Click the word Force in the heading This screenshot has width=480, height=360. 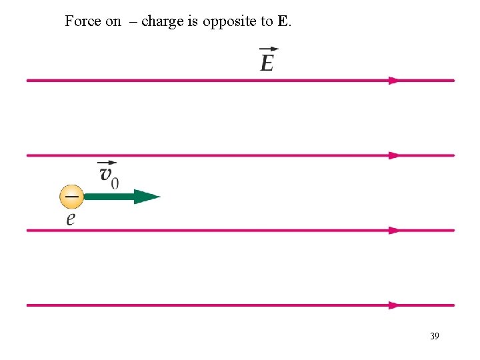[x=83, y=21]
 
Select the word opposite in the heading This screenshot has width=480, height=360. [x=231, y=21]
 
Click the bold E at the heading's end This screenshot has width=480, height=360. [x=283, y=21]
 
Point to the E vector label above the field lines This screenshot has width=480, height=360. [x=267, y=63]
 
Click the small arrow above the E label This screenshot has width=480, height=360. [x=269, y=49]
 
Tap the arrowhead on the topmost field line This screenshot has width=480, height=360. [x=394, y=81]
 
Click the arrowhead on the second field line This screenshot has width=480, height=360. [x=394, y=155]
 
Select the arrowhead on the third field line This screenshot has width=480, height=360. [x=394, y=231]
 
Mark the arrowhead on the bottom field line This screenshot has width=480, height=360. [x=394, y=305]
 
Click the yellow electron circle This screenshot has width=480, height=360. [x=71, y=197]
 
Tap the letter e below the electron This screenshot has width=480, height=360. [x=70, y=219]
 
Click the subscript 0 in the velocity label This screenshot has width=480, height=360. [x=115, y=182]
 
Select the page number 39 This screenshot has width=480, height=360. [x=434, y=336]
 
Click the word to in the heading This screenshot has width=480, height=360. [x=267, y=21]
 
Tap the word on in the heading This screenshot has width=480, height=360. [x=113, y=21]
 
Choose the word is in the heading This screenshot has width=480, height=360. [x=193, y=21]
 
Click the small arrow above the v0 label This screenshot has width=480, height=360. [x=107, y=163]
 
